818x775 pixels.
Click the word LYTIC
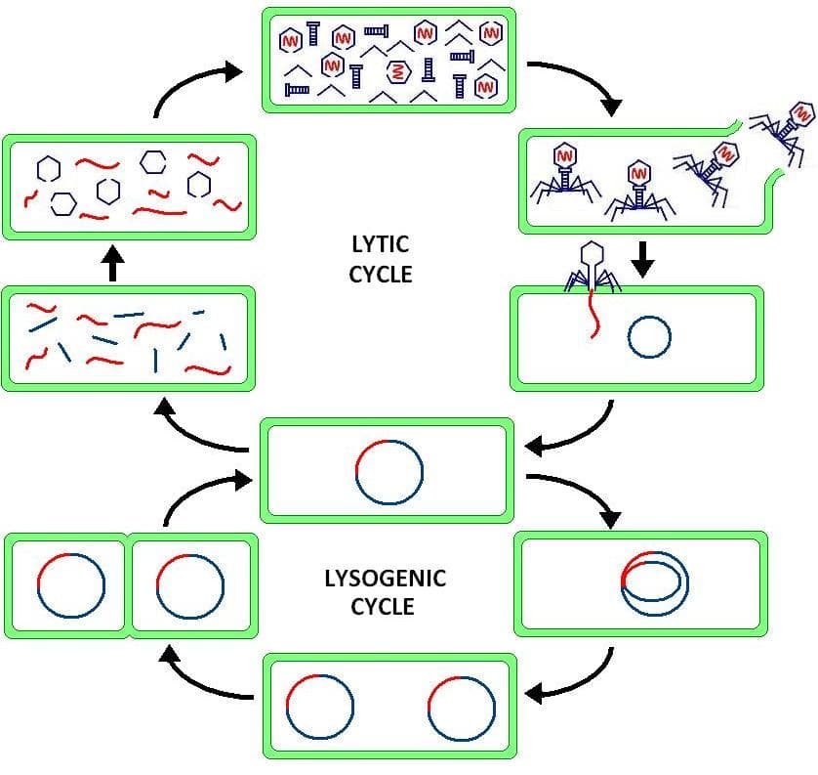pyautogui.click(x=380, y=243)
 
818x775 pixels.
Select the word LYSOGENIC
pyautogui.click(x=385, y=579)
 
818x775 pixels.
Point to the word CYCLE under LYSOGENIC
pyautogui.click(x=383, y=607)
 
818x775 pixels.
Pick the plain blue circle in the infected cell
pyautogui.click(x=649, y=338)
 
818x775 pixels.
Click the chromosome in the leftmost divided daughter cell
pyautogui.click(x=70, y=585)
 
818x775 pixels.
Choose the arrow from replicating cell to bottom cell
pyautogui.click(x=576, y=680)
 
